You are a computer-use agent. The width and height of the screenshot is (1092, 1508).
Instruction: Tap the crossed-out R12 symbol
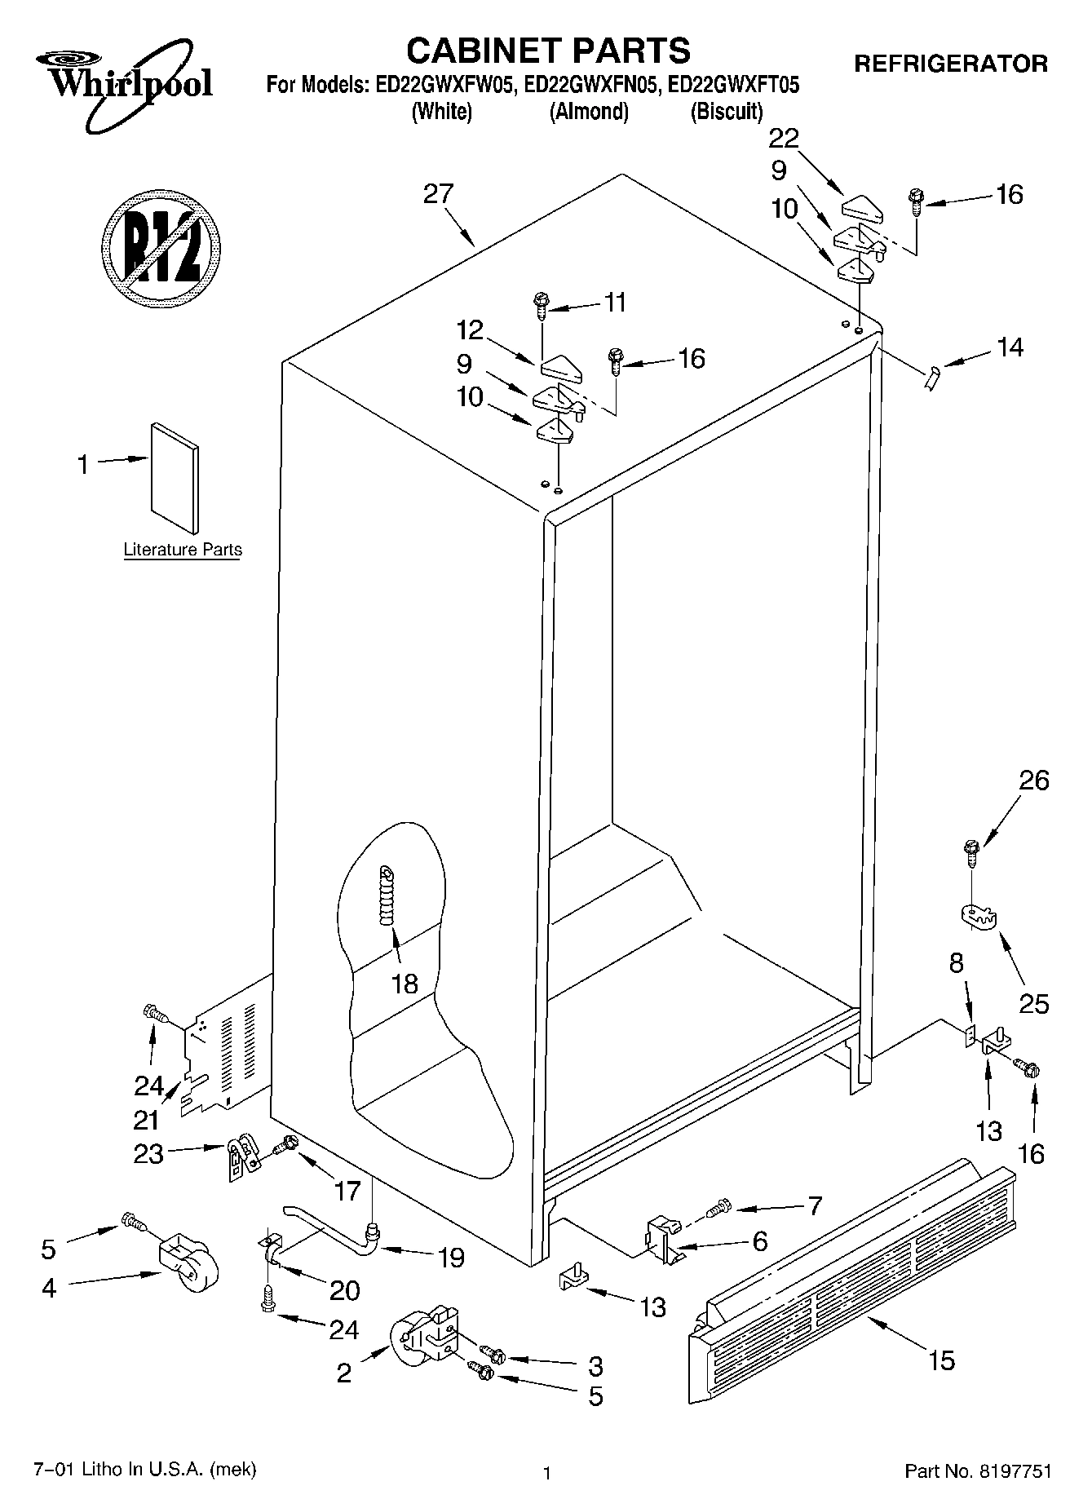tap(161, 245)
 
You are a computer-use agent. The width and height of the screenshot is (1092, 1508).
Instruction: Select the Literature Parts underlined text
tap(183, 550)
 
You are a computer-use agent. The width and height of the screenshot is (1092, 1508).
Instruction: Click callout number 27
tap(438, 195)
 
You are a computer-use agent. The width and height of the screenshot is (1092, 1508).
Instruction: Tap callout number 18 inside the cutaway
tap(405, 984)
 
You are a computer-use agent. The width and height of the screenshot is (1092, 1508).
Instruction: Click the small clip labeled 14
tap(932, 378)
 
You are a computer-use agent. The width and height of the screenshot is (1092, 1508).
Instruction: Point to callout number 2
tap(344, 1373)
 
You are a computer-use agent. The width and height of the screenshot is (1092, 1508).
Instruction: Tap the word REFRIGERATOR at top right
tap(950, 64)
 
